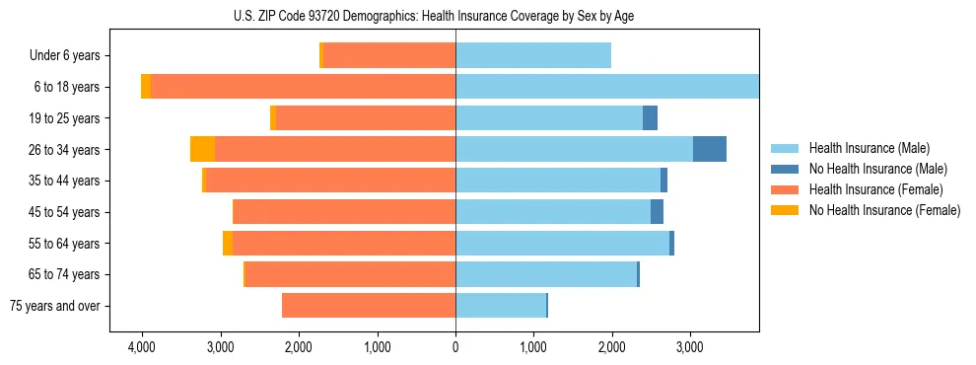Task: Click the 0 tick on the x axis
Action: pyautogui.click(x=455, y=347)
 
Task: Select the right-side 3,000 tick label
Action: pyautogui.click(x=689, y=347)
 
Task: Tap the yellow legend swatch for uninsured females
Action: pyautogui.click(x=785, y=210)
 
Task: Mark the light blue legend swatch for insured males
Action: pyautogui.click(x=785, y=148)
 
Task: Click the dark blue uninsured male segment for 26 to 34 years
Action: pyautogui.click(x=710, y=149)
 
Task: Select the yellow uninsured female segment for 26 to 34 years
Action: pyautogui.click(x=202, y=149)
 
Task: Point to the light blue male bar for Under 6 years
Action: pyautogui.click(x=533, y=55)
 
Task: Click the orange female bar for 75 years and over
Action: pyautogui.click(x=369, y=306)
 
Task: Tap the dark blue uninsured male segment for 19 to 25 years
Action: pyautogui.click(x=650, y=118)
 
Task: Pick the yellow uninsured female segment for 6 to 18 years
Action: pyautogui.click(x=146, y=87)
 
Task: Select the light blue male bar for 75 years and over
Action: pyautogui.click(x=501, y=306)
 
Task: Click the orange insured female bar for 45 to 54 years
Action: pyautogui.click(x=344, y=212)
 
